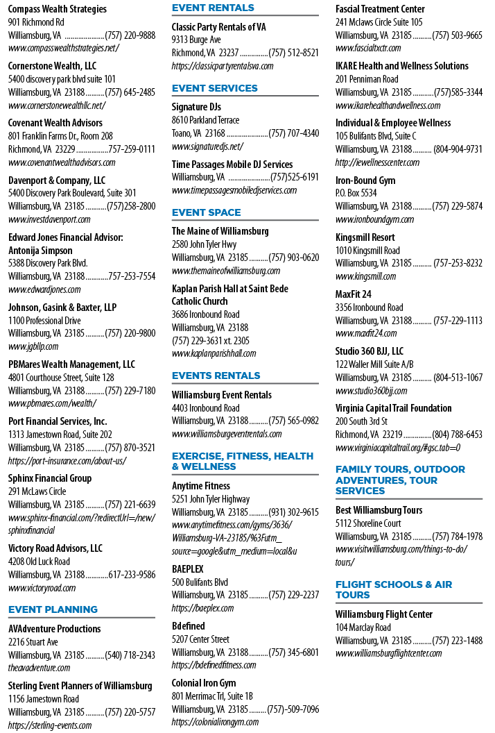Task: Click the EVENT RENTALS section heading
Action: click(x=213, y=8)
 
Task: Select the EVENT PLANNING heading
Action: click(x=53, y=609)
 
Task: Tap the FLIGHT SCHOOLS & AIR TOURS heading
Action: click(x=394, y=589)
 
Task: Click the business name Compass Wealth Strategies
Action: click(x=57, y=9)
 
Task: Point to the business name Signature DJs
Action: click(x=196, y=107)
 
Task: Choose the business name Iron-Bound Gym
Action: click(x=365, y=180)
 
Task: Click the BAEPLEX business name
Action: click(x=188, y=569)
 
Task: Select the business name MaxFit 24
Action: click(x=354, y=294)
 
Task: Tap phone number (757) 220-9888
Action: click(x=130, y=35)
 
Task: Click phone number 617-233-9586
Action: click(x=132, y=575)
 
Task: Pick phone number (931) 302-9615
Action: click(x=294, y=512)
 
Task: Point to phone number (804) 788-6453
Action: click(x=457, y=435)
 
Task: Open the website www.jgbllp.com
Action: click(x=33, y=347)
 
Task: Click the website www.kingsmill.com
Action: click(x=365, y=277)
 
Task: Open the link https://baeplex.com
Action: click(x=202, y=608)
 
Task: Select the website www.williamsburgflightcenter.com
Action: click(x=388, y=654)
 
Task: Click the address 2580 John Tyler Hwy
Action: click(x=204, y=244)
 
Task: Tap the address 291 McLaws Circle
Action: click(x=37, y=491)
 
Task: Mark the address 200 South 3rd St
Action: click(x=361, y=421)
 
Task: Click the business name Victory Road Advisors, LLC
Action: click(x=55, y=548)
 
